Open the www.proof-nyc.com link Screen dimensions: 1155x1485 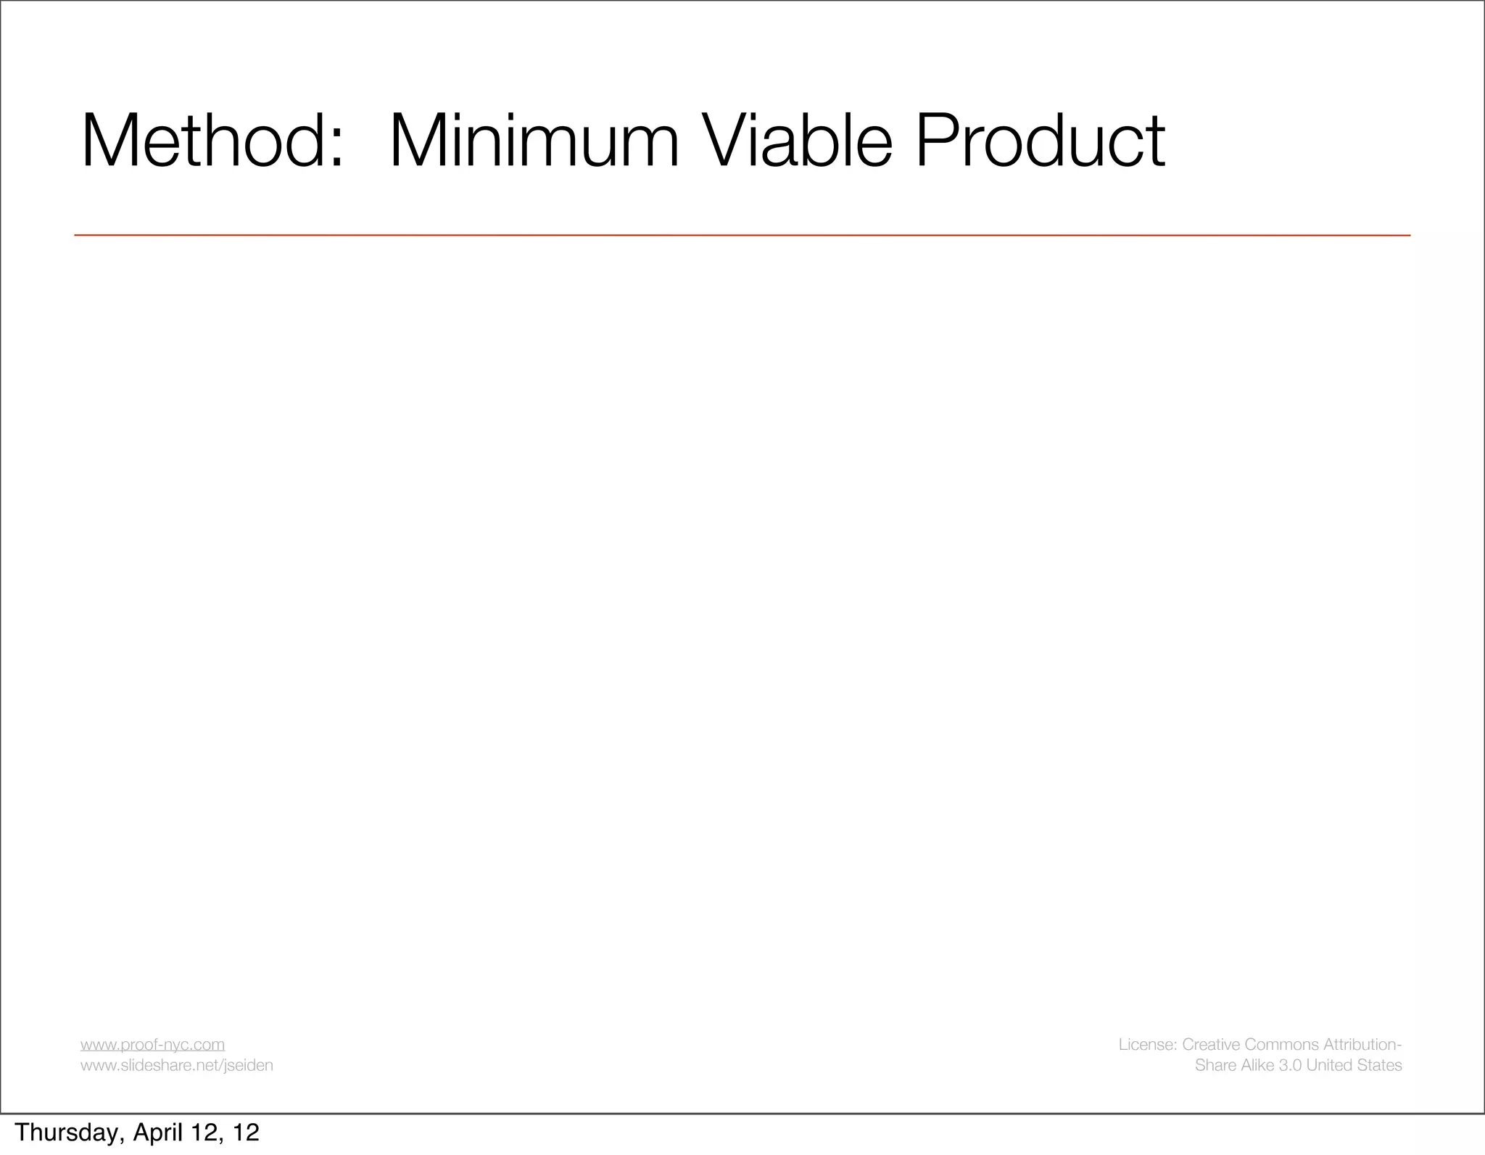(x=152, y=1044)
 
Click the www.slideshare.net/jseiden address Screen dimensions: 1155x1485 (x=176, y=1065)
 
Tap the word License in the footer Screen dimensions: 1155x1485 (x=1146, y=1044)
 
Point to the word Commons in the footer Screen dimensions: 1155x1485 (x=1283, y=1044)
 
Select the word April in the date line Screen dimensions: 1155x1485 (x=159, y=1133)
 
